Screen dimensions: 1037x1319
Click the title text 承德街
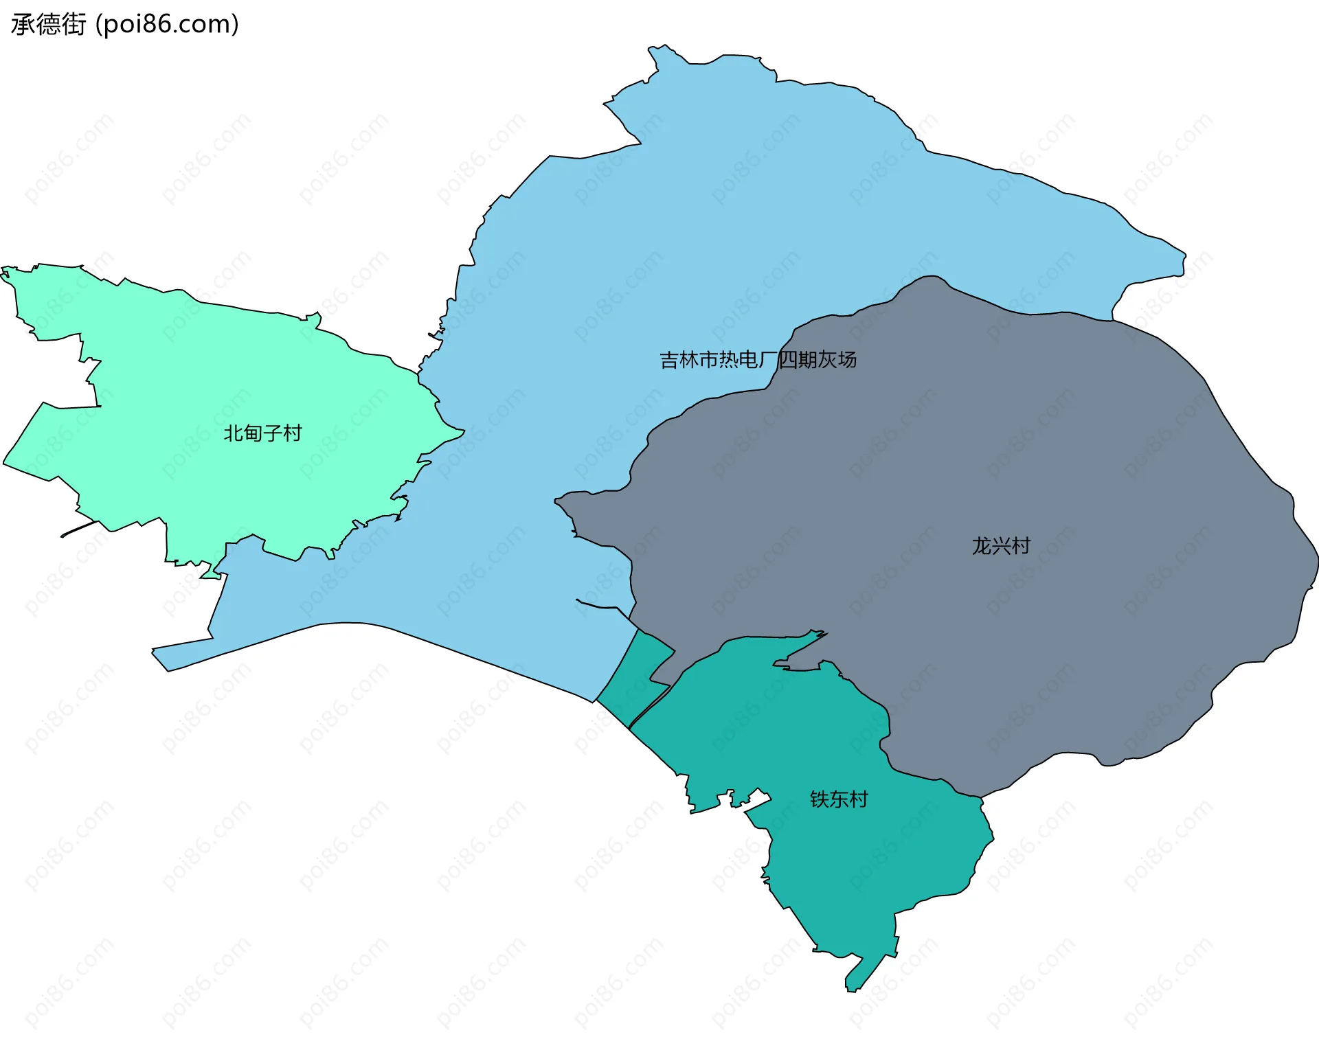coord(48,24)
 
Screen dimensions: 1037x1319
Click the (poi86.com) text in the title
coord(167,24)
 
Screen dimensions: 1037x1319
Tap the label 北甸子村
coord(262,433)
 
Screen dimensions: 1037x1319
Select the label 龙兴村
coord(1001,546)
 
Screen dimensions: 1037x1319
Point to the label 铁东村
coord(839,799)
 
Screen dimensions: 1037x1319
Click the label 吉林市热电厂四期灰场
coord(758,360)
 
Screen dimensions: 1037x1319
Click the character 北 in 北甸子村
coord(234,433)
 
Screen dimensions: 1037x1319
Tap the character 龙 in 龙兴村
coord(982,546)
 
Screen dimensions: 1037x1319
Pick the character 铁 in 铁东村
coord(820,799)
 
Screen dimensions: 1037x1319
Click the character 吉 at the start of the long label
coord(669,360)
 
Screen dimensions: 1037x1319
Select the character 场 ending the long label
coord(847,360)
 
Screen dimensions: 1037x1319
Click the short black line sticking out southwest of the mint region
coord(78,529)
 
